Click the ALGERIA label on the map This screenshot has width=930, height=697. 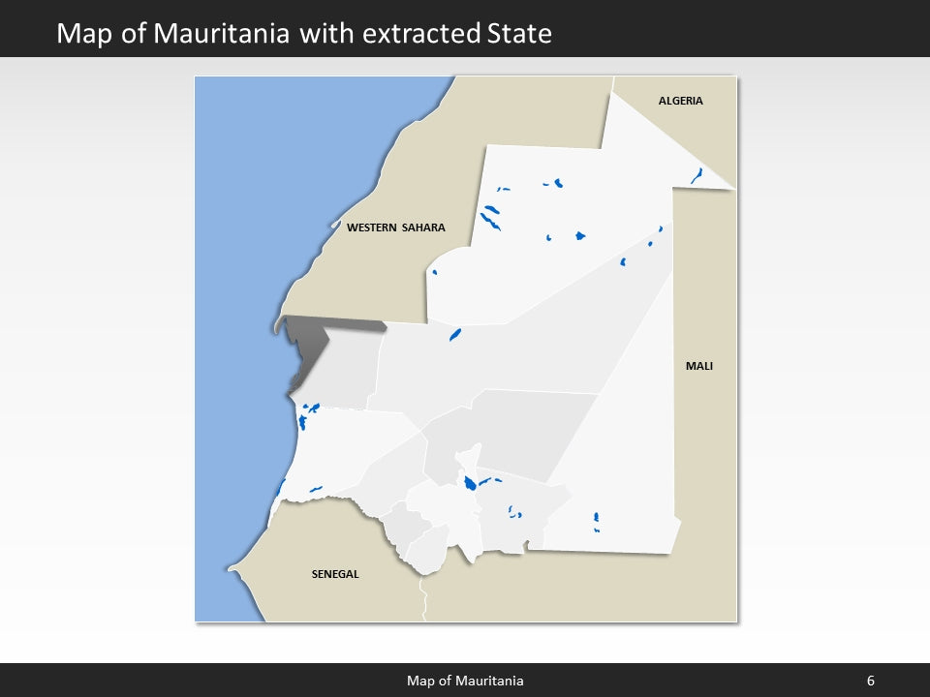tap(680, 101)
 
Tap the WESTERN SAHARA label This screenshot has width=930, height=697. tap(395, 228)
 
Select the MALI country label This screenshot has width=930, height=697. tap(698, 366)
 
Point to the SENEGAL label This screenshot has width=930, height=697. tap(334, 574)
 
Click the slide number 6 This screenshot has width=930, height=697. tap(870, 681)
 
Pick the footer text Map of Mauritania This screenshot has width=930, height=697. tap(465, 681)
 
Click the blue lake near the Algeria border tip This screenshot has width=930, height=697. tap(697, 175)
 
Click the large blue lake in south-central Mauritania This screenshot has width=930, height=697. tap(469, 482)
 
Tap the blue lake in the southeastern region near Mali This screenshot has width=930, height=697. tap(596, 520)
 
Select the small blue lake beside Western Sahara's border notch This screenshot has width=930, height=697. tap(434, 272)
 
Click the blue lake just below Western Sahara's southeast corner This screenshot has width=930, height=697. tap(454, 335)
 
